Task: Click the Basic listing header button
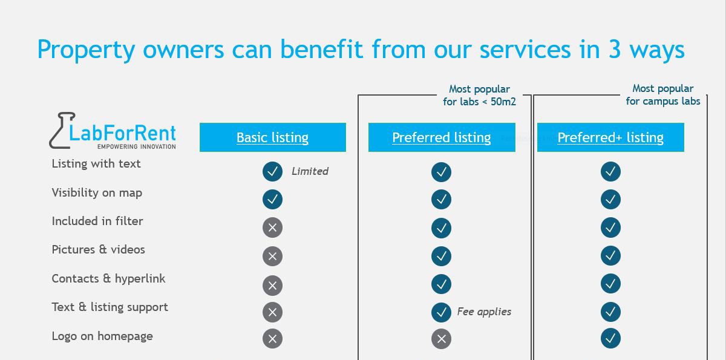coord(273,137)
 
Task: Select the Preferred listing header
coord(442,137)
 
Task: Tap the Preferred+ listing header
coord(610,137)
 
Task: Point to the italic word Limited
coord(310,171)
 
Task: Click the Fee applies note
coord(484,312)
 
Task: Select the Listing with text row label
coord(96,163)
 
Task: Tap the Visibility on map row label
coord(97,193)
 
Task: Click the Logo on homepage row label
coord(102,336)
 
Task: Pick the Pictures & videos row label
coord(98,249)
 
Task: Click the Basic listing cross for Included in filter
coord(273,227)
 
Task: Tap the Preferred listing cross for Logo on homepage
coord(441,339)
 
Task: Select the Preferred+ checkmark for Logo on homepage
coord(610,338)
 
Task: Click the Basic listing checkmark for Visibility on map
coord(273,199)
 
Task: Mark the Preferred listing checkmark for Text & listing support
coord(441,312)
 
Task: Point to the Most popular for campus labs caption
coord(663,94)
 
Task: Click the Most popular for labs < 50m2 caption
coord(479,95)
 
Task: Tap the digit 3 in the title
coord(615,49)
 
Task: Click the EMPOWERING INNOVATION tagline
coord(137,147)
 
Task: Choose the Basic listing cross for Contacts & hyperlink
coord(273,286)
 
